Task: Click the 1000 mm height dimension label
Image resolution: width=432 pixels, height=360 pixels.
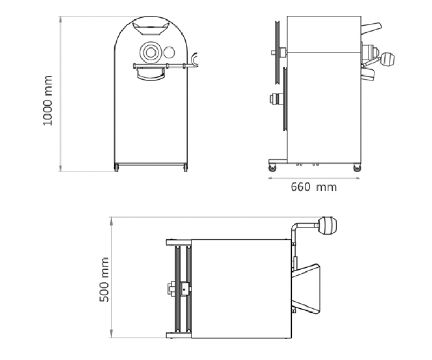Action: (x=48, y=100)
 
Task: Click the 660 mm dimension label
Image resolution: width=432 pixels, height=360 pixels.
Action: (x=314, y=187)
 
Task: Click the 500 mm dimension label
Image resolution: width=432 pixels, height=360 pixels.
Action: (x=104, y=279)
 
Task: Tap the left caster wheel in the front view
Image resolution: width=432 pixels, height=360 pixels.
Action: (x=117, y=167)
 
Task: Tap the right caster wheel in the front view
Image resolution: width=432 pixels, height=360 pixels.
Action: (x=185, y=167)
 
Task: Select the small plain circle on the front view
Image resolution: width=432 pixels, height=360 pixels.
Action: (x=169, y=52)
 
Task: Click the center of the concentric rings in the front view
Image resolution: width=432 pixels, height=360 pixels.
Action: (x=151, y=52)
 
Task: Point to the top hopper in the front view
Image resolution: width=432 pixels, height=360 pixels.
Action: (x=151, y=29)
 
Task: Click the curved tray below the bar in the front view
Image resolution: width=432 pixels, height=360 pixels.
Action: (x=151, y=74)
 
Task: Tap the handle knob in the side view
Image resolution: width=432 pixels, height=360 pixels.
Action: (x=388, y=59)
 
